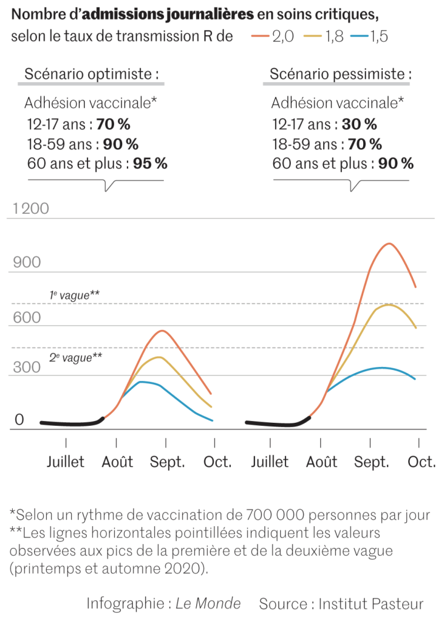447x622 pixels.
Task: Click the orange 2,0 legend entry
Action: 273,36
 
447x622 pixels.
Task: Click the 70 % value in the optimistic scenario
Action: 113,125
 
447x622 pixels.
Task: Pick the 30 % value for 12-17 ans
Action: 359,125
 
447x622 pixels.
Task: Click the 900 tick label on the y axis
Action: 27,263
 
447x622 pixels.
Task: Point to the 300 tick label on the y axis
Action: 27,367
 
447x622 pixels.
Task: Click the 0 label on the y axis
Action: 19,420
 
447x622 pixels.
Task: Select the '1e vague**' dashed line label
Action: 75,295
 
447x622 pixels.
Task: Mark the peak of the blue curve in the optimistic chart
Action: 141,381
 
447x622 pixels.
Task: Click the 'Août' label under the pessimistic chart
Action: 321,462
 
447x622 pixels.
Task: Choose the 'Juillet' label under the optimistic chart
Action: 66,462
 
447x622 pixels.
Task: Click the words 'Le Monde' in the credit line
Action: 208,604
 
